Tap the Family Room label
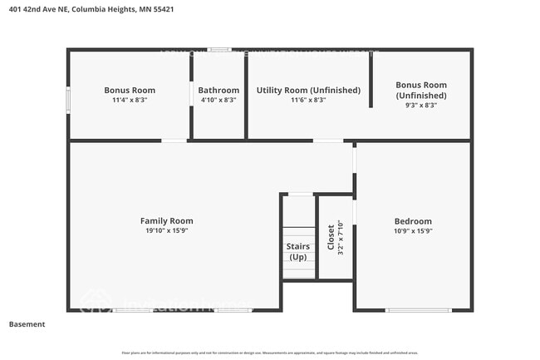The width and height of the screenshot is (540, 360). (166, 220)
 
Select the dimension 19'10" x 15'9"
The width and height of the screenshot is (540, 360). (166, 230)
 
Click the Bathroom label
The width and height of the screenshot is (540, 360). (218, 90)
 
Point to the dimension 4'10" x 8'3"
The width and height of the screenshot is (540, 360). (218, 100)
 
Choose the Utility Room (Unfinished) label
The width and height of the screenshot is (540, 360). (308, 90)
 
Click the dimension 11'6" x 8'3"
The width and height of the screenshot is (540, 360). (308, 100)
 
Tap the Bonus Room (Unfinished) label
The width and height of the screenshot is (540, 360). (420, 90)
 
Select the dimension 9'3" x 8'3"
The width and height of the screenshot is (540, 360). (420, 105)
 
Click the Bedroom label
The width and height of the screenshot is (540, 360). (413, 221)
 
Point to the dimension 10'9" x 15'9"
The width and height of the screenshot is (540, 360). (413, 231)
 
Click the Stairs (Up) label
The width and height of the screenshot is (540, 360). (298, 251)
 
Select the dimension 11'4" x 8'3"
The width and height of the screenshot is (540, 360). (129, 100)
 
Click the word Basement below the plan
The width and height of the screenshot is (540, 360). (27, 324)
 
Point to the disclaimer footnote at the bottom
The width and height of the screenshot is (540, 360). (270, 353)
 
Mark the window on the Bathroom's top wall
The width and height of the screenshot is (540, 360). (220, 50)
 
